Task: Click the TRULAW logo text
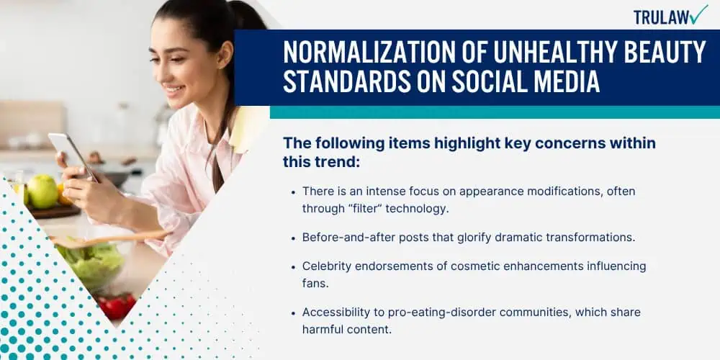tap(661, 17)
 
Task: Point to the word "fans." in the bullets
tap(315, 283)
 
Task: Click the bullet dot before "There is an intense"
tap(294, 192)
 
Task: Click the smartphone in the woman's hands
tap(73, 156)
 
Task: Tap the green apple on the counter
tap(42, 191)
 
